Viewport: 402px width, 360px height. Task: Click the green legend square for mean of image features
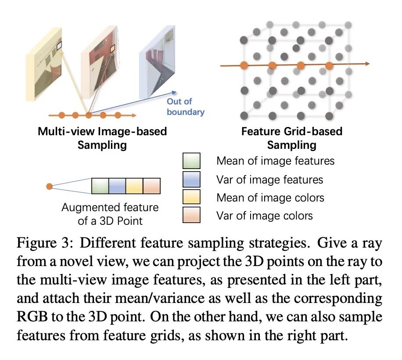191,160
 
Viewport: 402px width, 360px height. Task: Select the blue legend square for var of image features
191,179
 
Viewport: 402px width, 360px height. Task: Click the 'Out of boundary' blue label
185,107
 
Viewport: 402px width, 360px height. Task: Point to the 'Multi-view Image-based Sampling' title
102,137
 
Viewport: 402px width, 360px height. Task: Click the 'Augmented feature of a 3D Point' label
110,214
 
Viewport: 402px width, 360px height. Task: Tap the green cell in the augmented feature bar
100,186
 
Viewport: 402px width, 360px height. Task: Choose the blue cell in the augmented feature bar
117,186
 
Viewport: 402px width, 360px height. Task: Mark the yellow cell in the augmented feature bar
135,186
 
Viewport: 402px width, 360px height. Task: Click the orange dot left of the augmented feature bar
50,187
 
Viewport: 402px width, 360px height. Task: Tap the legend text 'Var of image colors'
264,215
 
